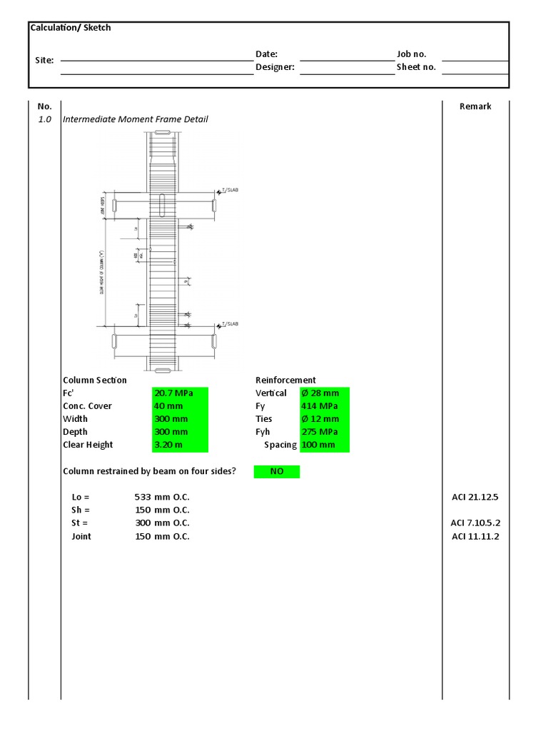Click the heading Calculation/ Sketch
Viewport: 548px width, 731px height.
click(70, 28)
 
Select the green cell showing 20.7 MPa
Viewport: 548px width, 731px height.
click(180, 393)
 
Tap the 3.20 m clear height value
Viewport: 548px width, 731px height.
click(180, 445)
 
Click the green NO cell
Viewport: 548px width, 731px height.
click(277, 471)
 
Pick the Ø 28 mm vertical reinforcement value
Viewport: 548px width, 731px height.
click(325, 393)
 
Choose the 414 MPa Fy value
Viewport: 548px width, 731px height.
click(325, 406)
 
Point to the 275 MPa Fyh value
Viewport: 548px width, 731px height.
click(325, 432)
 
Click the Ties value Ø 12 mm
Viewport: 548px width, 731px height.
click(325, 419)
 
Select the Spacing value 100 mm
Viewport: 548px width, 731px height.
click(325, 445)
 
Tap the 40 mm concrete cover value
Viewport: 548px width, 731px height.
click(180, 406)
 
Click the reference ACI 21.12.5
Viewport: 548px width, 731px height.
click(475, 497)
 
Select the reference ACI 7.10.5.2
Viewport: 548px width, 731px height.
click(475, 523)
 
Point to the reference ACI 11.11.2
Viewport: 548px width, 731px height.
click(475, 537)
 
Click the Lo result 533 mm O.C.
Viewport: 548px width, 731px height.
click(162, 497)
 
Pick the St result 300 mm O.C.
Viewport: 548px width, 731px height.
click(162, 523)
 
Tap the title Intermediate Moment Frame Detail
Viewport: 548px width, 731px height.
click(136, 119)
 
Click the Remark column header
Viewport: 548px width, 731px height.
click(475, 106)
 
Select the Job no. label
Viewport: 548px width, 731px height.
click(412, 54)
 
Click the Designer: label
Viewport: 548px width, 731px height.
click(275, 68)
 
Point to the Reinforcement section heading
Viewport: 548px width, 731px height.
click(285, 380)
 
